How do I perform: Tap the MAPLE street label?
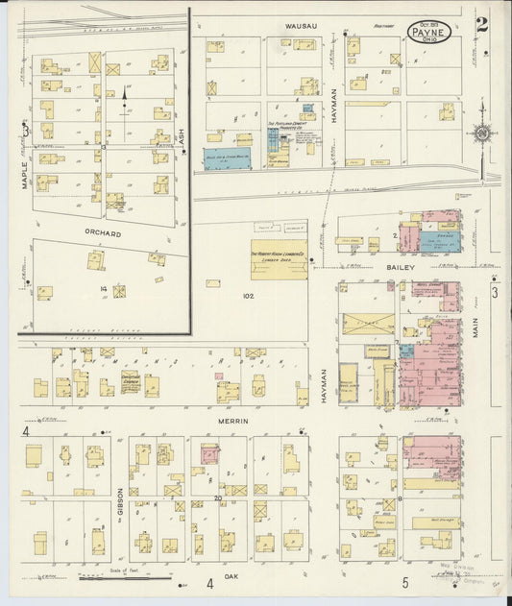coord(26,173)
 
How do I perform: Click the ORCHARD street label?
coord(103,233)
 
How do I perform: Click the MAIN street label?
coord(475,331)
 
